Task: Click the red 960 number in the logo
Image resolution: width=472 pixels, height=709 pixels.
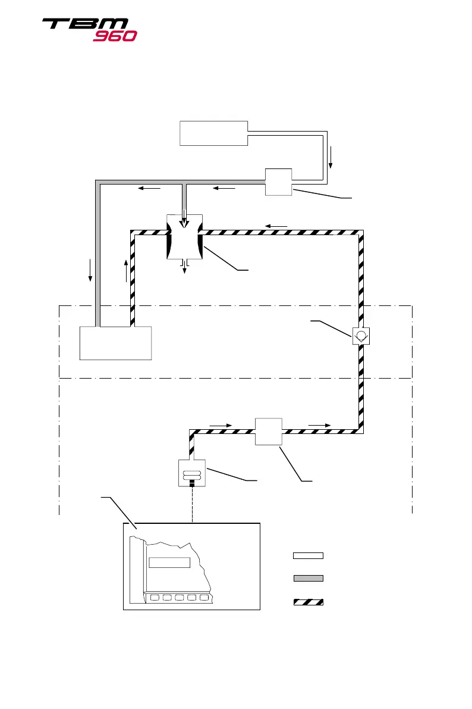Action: [115, 36]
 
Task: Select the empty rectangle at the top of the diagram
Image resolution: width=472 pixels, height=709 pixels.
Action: [213, 133]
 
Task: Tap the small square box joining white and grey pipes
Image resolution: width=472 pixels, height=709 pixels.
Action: [278, 181]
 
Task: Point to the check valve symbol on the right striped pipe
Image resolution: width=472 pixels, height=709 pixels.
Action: [361, 336]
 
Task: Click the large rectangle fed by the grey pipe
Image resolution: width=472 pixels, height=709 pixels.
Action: [116, 343]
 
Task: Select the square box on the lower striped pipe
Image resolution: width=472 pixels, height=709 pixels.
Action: [269, 432]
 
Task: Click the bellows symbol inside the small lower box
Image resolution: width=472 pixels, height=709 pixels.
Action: [192, 473]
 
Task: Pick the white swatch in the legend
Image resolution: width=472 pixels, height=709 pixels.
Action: [308, 555]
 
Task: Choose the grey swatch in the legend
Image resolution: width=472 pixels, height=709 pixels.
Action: [308, 577]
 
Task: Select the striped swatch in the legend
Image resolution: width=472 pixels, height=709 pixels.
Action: [308, 602]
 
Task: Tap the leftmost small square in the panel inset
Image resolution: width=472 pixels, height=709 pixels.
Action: [156, 598]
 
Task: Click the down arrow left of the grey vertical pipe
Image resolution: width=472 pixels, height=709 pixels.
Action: [90, 270]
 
